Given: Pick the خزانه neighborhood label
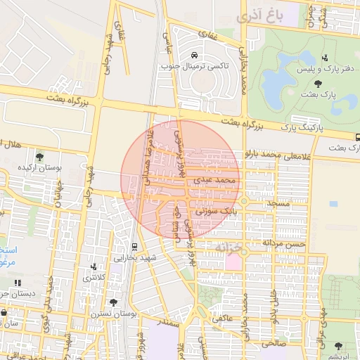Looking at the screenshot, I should [232, 247].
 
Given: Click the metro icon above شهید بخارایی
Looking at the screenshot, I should [134, 246].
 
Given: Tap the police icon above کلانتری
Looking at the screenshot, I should [94, 267].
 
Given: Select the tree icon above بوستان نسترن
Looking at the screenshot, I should [113, 302].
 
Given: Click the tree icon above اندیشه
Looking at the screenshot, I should [339, 345].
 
